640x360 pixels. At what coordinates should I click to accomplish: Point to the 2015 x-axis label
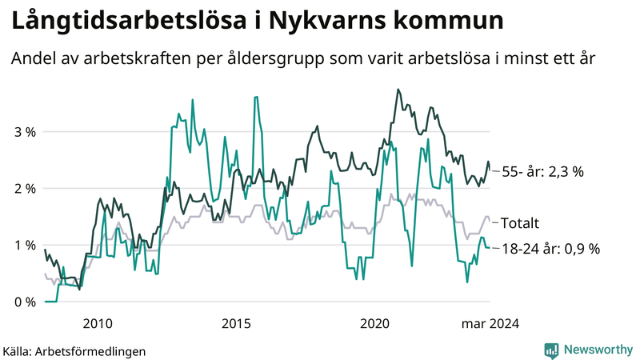(x=237, y=324)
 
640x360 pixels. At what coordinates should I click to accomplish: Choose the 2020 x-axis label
(x=375, y=324)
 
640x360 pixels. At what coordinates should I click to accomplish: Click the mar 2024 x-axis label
(x=489, y=324)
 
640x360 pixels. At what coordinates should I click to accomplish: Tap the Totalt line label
(x=520, y=222)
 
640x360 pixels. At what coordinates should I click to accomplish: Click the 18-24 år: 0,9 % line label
(x=550, y=249)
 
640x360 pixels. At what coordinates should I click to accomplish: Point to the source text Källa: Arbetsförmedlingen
(x=74, y=350)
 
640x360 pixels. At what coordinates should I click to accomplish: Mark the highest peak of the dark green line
(x=398, y=90)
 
